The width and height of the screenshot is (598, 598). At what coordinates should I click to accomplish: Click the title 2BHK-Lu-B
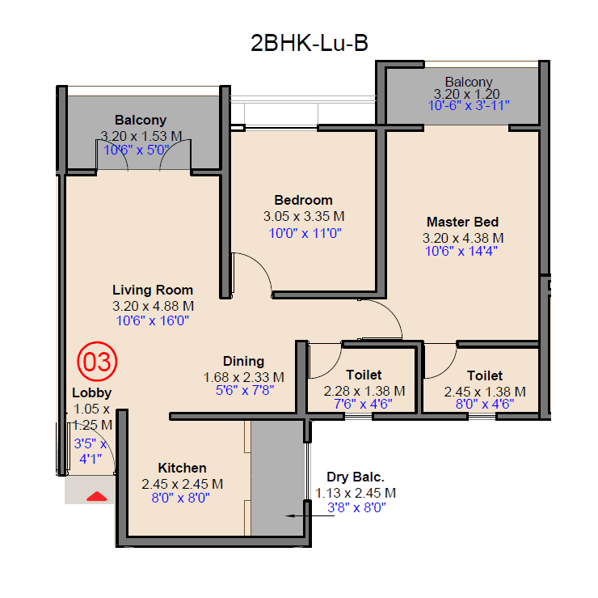[x=310, y=43]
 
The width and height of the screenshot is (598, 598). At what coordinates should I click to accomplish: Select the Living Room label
[x=153, y=290]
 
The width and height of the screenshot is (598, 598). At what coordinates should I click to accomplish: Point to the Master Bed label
[x=462, y=222]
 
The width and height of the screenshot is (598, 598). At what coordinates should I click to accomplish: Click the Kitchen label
[x=182, y=468]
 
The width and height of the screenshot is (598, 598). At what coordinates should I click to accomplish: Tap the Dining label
[x=243, y=361]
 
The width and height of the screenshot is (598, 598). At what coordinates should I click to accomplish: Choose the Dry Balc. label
[x=356, y=477]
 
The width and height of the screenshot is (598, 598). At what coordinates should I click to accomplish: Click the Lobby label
[x=92, y=393]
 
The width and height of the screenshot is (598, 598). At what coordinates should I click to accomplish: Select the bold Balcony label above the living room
[x=141, y=121]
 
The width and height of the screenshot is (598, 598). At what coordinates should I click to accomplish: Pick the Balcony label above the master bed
[x=469, y=82]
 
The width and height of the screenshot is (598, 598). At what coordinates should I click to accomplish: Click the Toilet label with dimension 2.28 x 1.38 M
[x=364, y=375]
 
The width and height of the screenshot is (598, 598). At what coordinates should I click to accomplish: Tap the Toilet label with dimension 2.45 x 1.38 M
[x=485, y=375]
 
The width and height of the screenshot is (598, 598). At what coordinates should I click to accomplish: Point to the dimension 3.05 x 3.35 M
[x=304, y=216]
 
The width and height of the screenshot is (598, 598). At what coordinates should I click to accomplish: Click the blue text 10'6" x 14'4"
[x=462, y=252]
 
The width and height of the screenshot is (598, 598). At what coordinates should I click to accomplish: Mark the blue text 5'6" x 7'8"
[x=243, y=390]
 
